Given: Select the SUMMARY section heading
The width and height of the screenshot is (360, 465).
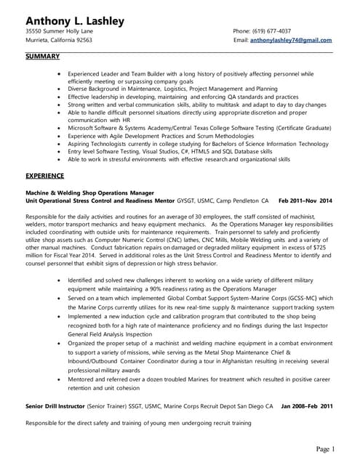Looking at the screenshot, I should tap(42, 56).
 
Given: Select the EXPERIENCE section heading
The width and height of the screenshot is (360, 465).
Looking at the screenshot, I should tap(46, 176).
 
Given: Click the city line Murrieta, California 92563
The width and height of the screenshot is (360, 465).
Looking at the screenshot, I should tap(59, 41).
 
